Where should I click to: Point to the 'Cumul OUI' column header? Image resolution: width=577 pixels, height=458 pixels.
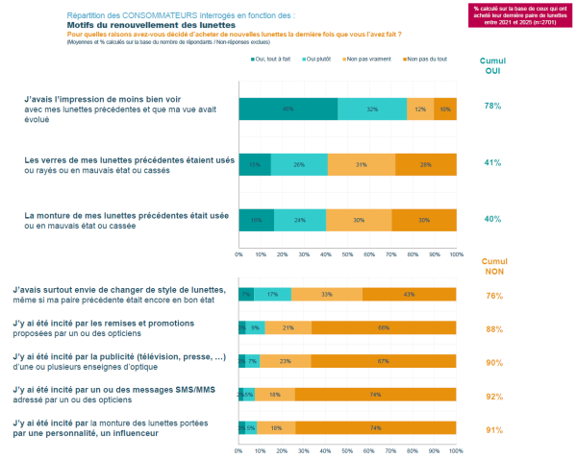tap(493, 64)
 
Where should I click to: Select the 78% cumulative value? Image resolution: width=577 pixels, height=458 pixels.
tap(493, 107)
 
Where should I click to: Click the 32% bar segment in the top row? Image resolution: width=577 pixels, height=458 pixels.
tap(372, 108)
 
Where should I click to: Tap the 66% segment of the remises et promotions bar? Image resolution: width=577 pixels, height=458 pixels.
tap(384, 327)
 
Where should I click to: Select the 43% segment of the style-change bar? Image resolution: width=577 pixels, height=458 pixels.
tap(410, 294)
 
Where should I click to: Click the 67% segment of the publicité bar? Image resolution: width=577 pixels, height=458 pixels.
tap(384, 361)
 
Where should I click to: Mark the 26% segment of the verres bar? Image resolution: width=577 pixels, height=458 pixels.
tap(299, 163)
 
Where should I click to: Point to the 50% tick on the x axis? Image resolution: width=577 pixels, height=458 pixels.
tap(347, 254)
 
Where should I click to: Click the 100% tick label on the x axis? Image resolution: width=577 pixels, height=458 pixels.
tap(456, 254)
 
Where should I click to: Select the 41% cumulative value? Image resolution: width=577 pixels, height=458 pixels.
tap(493, 163)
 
